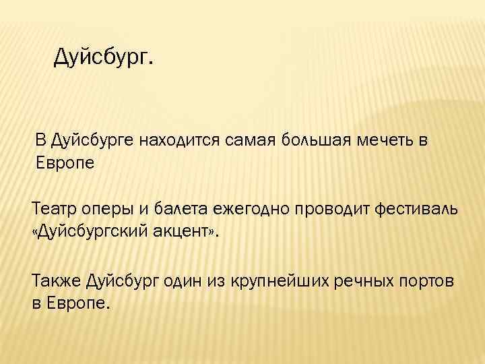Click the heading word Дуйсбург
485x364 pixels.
tap(102, 58)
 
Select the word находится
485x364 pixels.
tap(177, 140)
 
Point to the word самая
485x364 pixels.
tap(245, 140)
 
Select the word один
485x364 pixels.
tap(192, 280)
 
